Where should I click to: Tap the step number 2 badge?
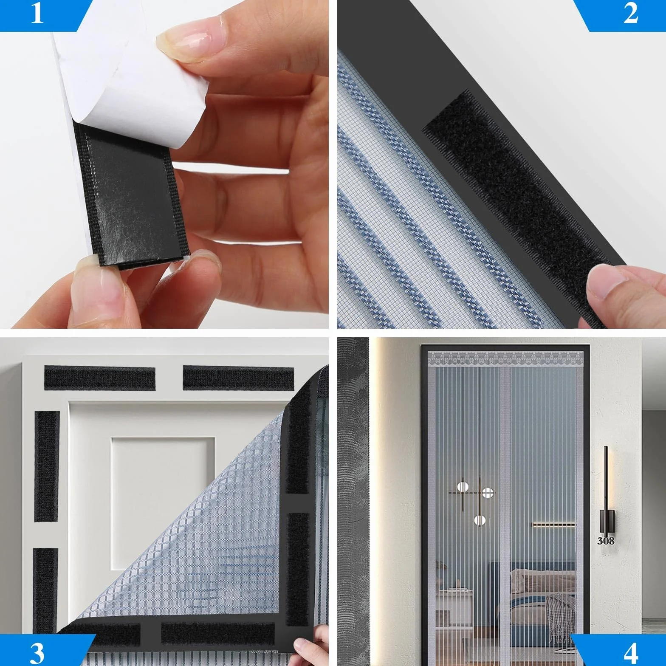(624, 15)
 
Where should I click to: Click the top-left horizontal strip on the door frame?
(100, 378)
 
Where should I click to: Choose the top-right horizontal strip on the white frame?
(238, 378)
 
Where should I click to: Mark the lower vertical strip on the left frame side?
(45, 590)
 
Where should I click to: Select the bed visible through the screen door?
(539, 595)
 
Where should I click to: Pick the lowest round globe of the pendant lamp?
(480, 520)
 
